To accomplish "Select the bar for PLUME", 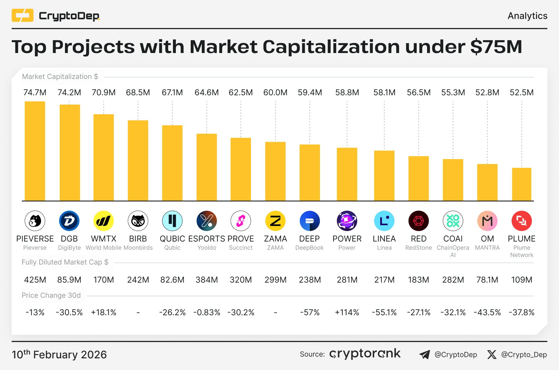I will point(521,184).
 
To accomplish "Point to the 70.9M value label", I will point(104,93).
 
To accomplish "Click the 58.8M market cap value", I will point(347,93).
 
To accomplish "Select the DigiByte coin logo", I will point(69,221).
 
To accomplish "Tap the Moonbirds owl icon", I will point(138,221).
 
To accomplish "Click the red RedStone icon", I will point(418,221).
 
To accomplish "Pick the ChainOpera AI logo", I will point(453,221).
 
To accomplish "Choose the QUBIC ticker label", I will point(172,239).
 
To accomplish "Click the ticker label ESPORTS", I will point(207,239).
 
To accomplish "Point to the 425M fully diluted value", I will point(35,280).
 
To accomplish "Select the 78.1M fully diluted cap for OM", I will point(487,280).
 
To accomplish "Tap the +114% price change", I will point(347,312).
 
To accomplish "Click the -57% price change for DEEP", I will point(310,312).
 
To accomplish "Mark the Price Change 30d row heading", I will point(51,295).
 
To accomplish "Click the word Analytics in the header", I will point(527,16).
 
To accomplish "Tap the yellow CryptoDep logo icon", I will point(22,15).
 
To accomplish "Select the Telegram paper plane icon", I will point(424,355).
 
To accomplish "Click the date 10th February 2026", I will point(59,354).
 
